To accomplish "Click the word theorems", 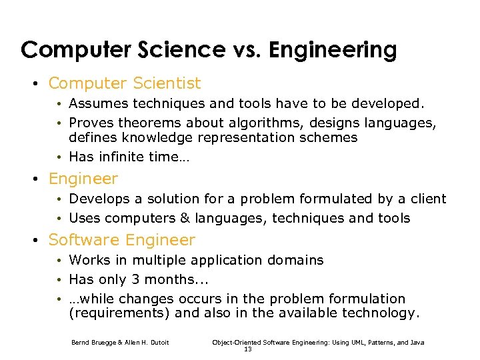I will click(x=150, y=123).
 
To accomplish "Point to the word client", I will click(x=427, y=199).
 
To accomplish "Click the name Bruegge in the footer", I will click(x=101, y=343).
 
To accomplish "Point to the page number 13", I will click(x=248, y=349).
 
